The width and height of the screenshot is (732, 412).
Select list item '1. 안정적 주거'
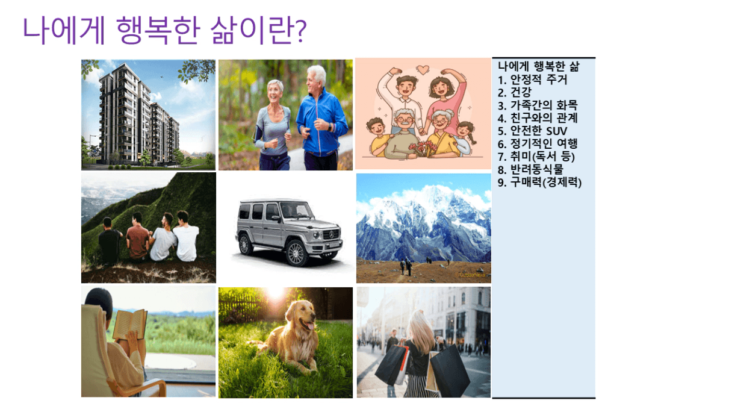(x=533, y=80)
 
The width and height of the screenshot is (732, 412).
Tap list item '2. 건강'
(x=515, y=92)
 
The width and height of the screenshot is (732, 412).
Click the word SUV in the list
(x=556, y=131)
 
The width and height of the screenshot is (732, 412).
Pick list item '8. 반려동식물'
(x=531, y=170)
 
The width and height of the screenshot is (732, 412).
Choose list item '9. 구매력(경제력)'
(x=540, y=183)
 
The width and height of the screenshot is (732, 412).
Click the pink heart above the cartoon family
(x=423, y=69)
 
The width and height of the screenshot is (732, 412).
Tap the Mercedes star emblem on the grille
(x=332, y=234)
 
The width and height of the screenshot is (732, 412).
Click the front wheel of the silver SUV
(x=296, y=253)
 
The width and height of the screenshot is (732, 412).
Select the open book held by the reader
(x=130, y=324)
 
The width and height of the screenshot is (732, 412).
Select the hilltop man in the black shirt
(x=110, y=240)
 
